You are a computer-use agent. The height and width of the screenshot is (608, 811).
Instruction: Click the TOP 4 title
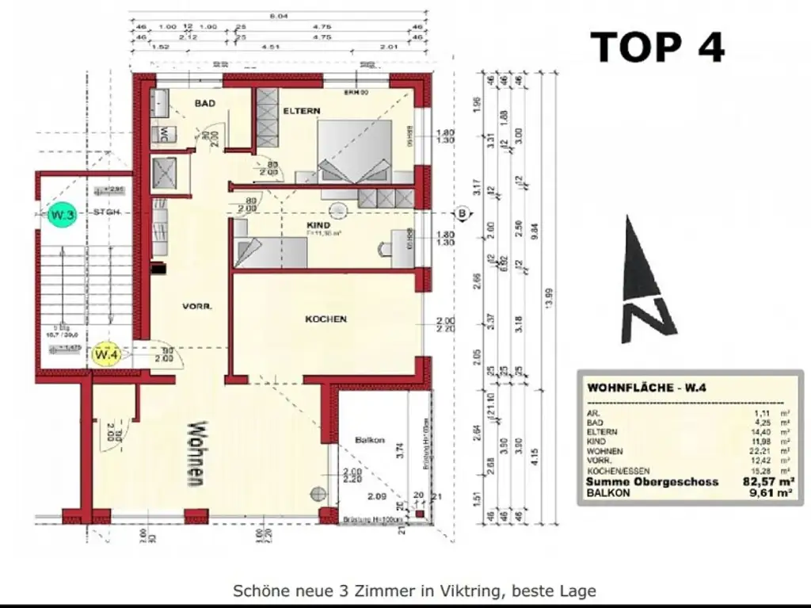[658, 47]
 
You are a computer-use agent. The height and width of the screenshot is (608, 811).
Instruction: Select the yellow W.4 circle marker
[107, 355]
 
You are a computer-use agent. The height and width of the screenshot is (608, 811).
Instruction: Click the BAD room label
[206, 103]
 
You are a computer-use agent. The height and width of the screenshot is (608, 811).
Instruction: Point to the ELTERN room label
[302, 112]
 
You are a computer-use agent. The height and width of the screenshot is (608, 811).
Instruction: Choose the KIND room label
[318, 225]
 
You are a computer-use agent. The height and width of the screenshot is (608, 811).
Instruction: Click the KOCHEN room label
[326, 319]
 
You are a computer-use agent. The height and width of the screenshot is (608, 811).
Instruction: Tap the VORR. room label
[195, 306]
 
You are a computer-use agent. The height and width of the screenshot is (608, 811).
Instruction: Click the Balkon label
[370, 440]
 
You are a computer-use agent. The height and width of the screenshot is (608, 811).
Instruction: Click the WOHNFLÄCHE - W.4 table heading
[642, 388]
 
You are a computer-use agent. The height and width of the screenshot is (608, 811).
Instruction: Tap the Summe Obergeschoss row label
[652, 481]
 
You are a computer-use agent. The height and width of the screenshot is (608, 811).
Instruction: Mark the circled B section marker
[463, 213]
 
